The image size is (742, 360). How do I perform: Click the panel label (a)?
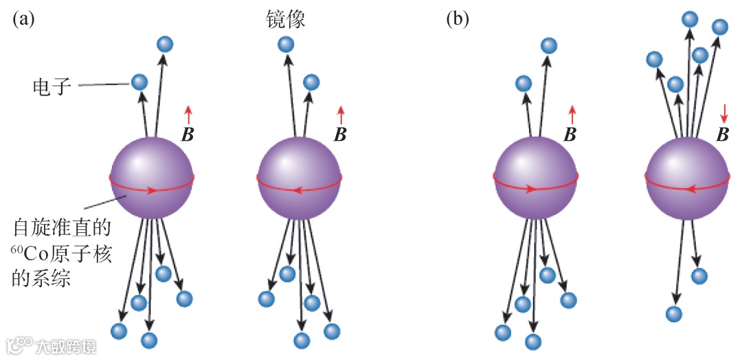23,19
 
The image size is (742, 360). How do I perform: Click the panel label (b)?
458,19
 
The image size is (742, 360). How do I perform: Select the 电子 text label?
52,87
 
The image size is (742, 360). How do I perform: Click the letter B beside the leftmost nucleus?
187,133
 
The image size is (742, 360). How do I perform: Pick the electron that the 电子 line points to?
139,82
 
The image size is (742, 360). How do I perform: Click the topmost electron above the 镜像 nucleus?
286,45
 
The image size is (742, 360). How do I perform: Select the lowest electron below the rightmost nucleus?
675,314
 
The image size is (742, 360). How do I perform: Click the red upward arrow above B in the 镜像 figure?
341,114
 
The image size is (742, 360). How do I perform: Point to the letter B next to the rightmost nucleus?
723,134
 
